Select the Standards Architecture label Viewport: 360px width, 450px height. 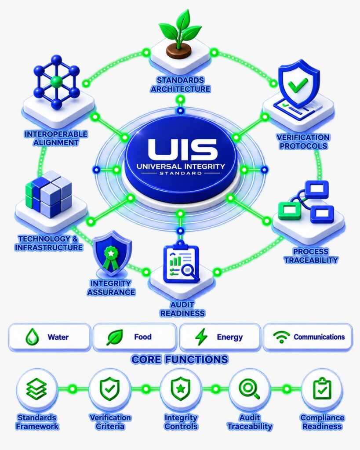pyautogui.click(x=180, y=84)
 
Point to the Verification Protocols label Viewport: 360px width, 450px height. pyautogui.click(x=303, y=142)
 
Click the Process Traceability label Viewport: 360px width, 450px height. pyautogui.click(x=311, y=256)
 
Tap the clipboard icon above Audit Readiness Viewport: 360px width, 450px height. pyautogui.click(x=181, y=263)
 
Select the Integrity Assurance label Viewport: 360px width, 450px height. pyautogui.click(x=111, y=288)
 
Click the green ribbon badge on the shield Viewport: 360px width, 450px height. pyautogui.click(x=111, y=257)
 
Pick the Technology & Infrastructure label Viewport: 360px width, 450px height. pyautogui.click(x=49, y=243)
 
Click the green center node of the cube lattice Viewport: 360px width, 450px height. pyautogui.click(x=56, y=82)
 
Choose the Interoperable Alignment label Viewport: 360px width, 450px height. pyautogui.click(x=56, y=138)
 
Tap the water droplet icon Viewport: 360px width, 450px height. pyautogui.click(x=32, y=337)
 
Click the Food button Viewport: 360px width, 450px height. pyautogui.click(x=135, y=337)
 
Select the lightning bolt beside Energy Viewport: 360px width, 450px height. pyautogui.click(x=201, y=337)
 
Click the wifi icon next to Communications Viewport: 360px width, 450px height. pyautogui.click(x=281, y=337)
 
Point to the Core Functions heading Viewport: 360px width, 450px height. pyautogui.click(x=180, y=359)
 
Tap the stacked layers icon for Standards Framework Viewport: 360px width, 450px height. pyautogui.click(x=37, y=389)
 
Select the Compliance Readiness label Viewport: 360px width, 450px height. pyautogui.click(x=322, y=422)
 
